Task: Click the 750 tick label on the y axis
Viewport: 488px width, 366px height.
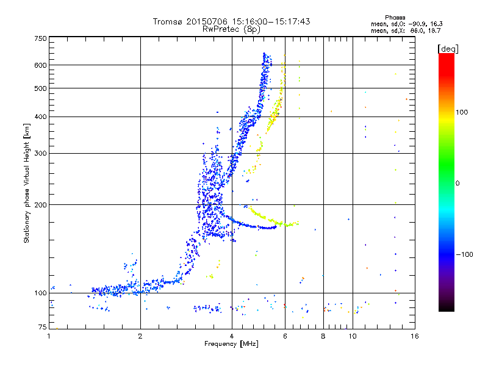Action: (x=40, y=38)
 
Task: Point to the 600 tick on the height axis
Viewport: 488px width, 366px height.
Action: (x=40, y=65)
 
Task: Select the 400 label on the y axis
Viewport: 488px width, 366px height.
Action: (x=40, y=117)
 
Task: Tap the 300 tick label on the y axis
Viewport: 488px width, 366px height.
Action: (x=40, y=153)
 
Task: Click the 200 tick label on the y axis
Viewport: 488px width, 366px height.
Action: (x=40, y=204)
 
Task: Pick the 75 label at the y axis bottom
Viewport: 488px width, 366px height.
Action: (x=42, y=328)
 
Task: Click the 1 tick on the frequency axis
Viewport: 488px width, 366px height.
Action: (x=49, y=335)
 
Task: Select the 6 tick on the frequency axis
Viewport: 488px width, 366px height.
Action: (x=285, y=335)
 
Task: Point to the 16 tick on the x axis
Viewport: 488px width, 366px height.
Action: (x=414, y=335)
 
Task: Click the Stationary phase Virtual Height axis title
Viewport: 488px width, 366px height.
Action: (x=27, y=182)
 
